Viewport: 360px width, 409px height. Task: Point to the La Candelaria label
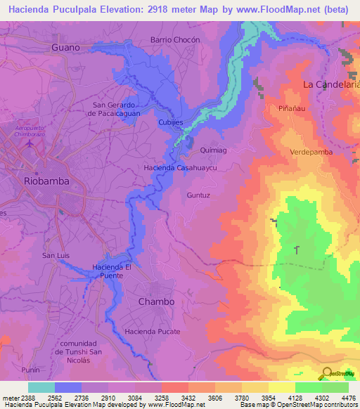coord(330,84)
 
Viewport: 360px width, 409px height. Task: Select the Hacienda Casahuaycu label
coord(179,169)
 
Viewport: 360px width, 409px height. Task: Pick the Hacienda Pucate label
coord(153,331)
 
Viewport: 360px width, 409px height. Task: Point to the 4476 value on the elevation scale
coord(347,398)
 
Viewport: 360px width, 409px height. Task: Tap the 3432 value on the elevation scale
coord(186,398)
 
